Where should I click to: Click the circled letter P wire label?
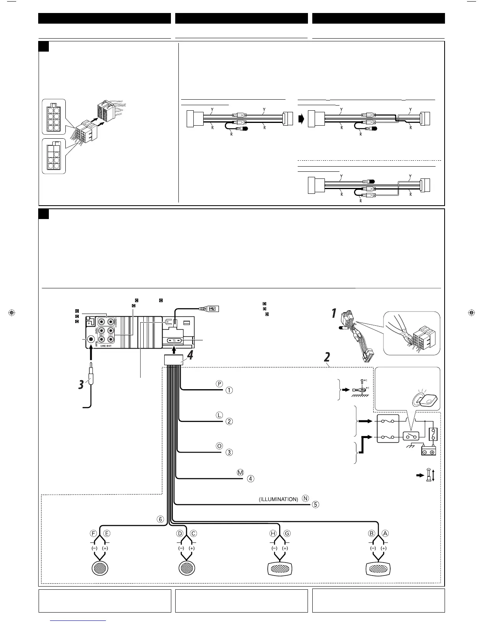coord(219,383)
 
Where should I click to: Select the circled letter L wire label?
coord(219,415)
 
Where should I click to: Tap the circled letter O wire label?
coord(219,446)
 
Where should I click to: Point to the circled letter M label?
coord(241,472)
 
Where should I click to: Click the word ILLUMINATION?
coord(278,499)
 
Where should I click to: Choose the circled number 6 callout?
coord(160,519)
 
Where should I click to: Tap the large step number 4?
coord(190,355)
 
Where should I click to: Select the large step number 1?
coord(334,314)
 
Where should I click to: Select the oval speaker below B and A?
coord(378,569)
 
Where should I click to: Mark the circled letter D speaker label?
coord(180,533)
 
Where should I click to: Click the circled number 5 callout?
coord(315,504)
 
